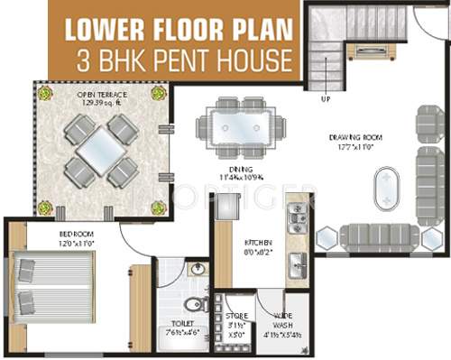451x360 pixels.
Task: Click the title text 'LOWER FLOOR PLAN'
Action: point(179,30)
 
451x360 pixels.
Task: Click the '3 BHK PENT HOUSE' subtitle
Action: point(179,60)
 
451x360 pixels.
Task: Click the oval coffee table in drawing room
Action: point(387,187)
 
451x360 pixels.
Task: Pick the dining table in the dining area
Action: point(241,124)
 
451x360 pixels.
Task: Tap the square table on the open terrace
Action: point(100,149)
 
